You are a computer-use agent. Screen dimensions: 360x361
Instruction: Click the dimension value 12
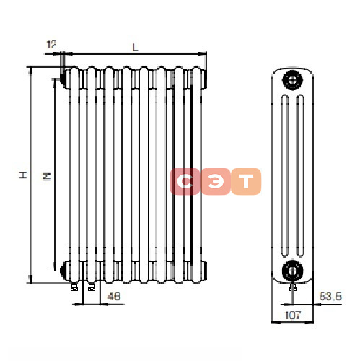pos(51,45)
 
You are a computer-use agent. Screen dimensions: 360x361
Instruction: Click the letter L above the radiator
pos(135,47)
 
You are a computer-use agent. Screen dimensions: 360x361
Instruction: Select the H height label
pos(23,175)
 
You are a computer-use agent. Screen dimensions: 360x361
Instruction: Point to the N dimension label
pos(46,176)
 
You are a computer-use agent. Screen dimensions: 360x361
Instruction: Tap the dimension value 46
pos(113,296)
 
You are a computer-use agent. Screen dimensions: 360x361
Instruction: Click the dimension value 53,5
pos(330,296)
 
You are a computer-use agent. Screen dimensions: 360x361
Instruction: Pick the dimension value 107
pos(293,315)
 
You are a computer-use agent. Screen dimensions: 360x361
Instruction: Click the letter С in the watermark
pos(185,181)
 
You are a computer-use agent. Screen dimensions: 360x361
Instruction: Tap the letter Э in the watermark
pos(216,181)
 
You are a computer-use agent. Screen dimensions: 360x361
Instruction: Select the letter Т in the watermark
pos(246,181)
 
